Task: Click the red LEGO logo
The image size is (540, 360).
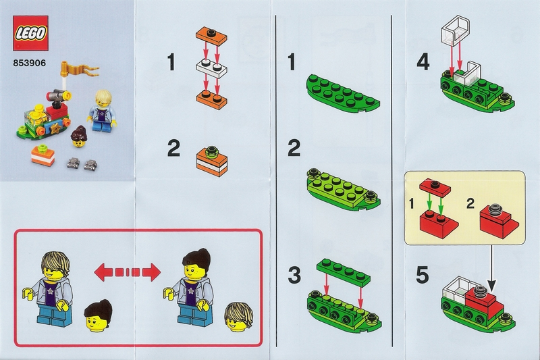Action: pos(30,33)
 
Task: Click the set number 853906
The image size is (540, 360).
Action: pos(29,63)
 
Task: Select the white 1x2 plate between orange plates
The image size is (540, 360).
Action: pos(212,68)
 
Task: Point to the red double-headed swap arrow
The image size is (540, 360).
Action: pos(128,272)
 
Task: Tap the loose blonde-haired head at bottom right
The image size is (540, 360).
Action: pos(238,316)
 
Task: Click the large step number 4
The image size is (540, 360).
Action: pos(423,63)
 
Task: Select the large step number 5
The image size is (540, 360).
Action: pos(423,276)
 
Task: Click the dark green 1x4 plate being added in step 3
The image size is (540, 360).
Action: pos(344,272)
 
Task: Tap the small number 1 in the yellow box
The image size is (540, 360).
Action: pos(412,205)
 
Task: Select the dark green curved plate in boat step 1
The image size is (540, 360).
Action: pos(343,94)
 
